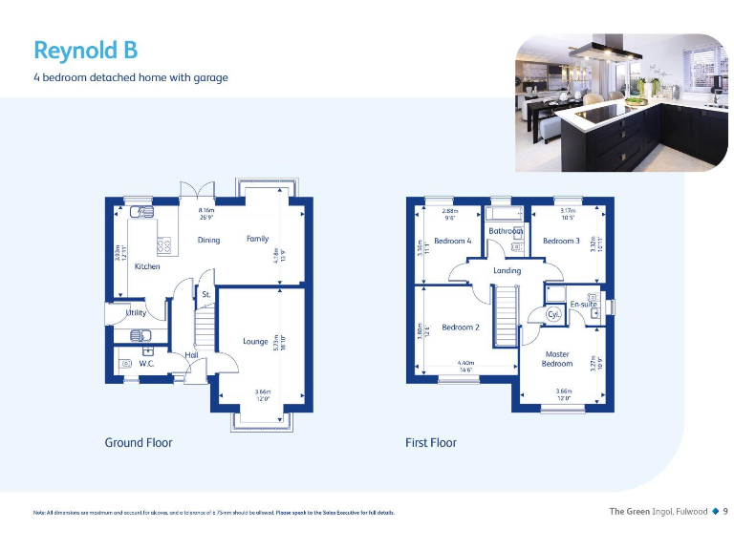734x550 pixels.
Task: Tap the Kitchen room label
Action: (x=147, y=266)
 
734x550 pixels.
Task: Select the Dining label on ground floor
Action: (x=209, y=240)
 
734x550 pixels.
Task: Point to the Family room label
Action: (x=257, y=239)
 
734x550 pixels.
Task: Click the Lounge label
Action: (x=255, y=341)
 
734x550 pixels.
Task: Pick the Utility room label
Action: (x=136, y=312)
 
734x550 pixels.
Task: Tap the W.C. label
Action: (x=147, y=363)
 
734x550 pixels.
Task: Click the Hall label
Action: (x=191, y=354)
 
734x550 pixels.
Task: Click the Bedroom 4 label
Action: (x=452, y=241)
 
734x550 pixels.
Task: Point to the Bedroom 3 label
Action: (x=561, y=241)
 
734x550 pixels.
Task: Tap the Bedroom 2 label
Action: (x=461, y=328)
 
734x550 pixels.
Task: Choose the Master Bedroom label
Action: (x=557, y=359)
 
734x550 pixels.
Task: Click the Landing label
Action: (x=507, y=270)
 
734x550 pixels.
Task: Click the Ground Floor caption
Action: (x=139, y=442)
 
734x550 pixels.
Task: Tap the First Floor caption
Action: (x=431, y=442)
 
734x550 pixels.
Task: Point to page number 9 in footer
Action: (x=724, y=512)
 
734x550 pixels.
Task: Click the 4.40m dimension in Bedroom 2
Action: (x=465, y=364)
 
